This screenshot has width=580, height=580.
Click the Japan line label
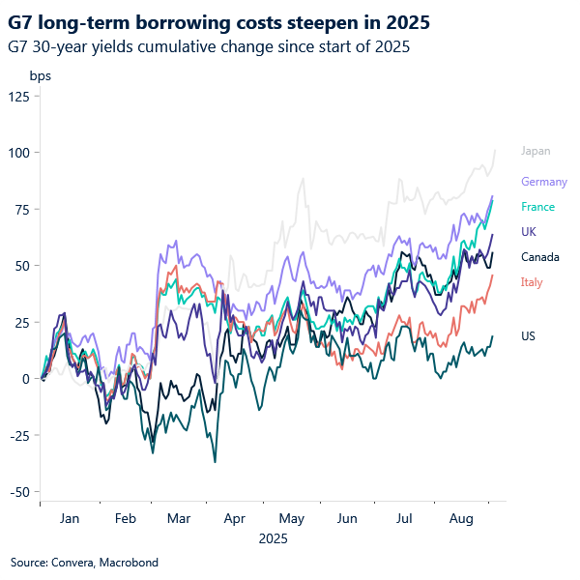[536, 151]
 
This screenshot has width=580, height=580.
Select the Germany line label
[544, 182]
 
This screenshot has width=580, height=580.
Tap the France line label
[537, 207]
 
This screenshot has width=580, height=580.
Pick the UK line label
[529, 232]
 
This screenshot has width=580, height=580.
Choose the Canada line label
[539, 257]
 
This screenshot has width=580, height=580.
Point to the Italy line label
[532, 282]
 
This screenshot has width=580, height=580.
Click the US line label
[529, 336]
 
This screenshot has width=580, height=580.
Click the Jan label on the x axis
[70, 519]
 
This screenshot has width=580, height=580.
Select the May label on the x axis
[290, 519]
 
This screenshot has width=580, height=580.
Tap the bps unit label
[40, 75]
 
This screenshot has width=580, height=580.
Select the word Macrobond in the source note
[128, 562]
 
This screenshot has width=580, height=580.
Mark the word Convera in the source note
[71, 562]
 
